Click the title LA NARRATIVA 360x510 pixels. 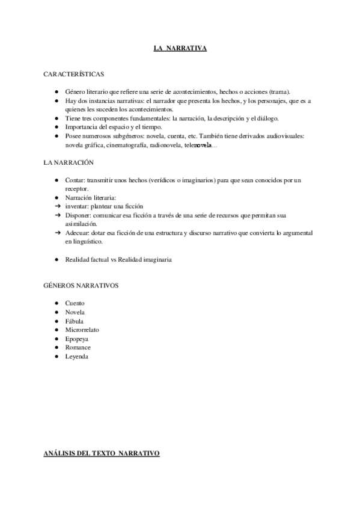click(180, 48)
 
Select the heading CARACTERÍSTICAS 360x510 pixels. click(73, 74)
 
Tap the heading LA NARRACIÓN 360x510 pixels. click(69, 163)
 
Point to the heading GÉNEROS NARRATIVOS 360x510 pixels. click(81, 285)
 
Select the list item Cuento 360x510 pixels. click(75, 303)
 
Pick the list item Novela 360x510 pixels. click(75, 312)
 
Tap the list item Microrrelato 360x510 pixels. click(82, 330)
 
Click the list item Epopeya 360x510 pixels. click(77, 339)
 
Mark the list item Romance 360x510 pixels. click(78, 348)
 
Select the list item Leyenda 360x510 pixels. click(77, 357)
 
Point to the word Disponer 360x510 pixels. click(78, 215)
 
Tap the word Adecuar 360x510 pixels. click(77, 232)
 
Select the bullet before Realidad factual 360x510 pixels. click(55, 259)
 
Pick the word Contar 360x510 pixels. click(75, 180)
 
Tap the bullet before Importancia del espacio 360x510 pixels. click(55, 127)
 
